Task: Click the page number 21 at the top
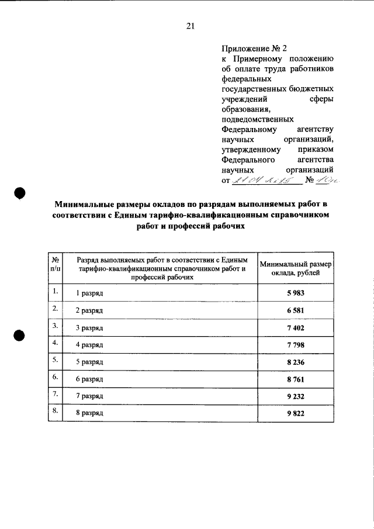(x=190, y=26)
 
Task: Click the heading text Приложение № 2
(x=255, y=49)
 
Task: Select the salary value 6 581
(x=296, y=310)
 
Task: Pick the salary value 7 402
(x=296, y=328)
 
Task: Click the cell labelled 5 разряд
(x=90, y=362)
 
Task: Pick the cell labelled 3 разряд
(x=90, y=328)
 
